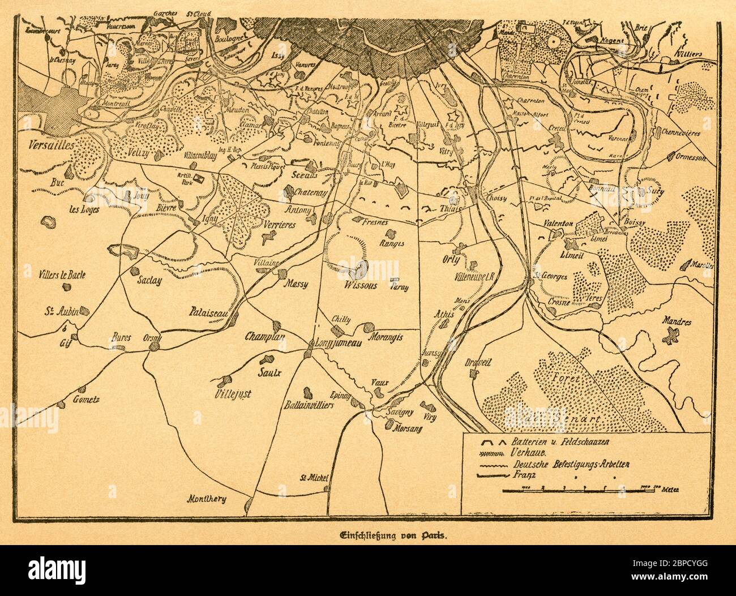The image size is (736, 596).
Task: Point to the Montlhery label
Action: (x=207, y=499)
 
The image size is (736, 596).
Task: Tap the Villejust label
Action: (x=233, y=393)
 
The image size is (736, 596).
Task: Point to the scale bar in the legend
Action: (x=583, y=488)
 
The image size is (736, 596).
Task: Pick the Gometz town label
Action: (x=85, y=400)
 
